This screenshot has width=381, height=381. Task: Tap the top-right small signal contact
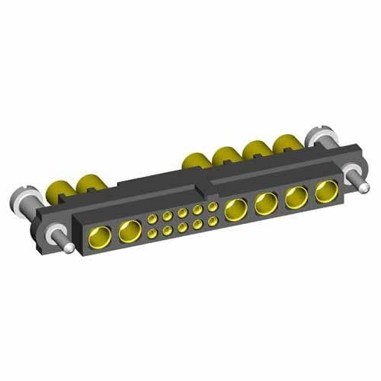211,207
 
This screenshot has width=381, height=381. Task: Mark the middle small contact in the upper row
181,214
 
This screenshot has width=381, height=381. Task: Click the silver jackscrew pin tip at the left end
69,248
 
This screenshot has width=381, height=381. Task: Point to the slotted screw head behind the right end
314,138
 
